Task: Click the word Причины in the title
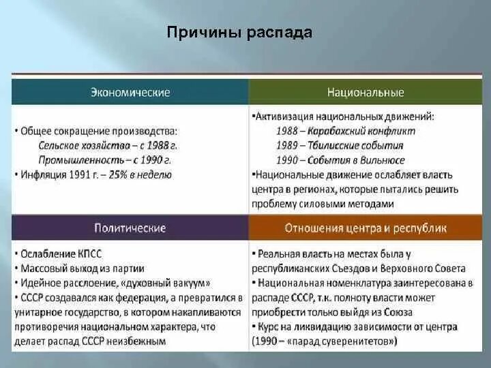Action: tap(203, 32)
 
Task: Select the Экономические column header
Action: tap(130, 92)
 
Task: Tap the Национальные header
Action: tap(366, 92)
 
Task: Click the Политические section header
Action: tap(130, 228)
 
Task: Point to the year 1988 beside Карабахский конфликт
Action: tap(286, 131)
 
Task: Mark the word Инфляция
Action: tap(44, 174)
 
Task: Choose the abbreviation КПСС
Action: tap(89, 254)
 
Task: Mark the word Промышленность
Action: tap(81, 160)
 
